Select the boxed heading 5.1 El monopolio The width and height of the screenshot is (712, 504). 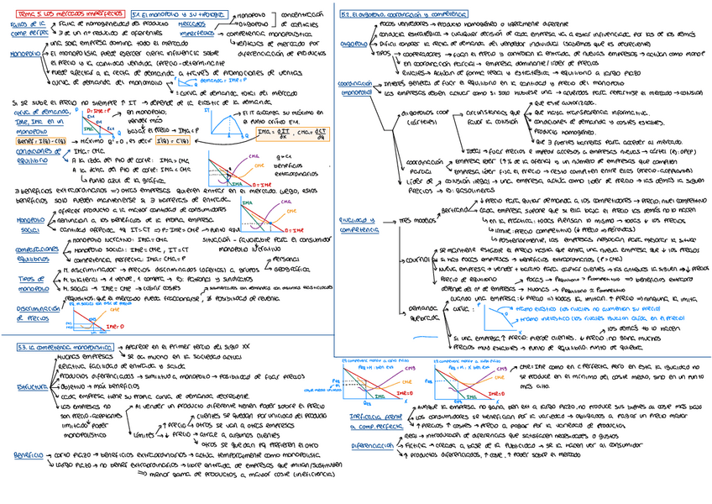point(163,15)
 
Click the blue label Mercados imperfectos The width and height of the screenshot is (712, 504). point(200,29)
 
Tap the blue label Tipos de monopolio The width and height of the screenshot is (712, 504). point(31,281)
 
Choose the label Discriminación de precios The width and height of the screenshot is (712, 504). point(31,313)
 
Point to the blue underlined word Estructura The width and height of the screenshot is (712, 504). point(31,387)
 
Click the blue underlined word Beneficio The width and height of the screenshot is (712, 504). point(29,454)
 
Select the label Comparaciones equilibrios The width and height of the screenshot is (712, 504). point(31,254)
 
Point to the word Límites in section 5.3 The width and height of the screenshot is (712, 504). point(146,434)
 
